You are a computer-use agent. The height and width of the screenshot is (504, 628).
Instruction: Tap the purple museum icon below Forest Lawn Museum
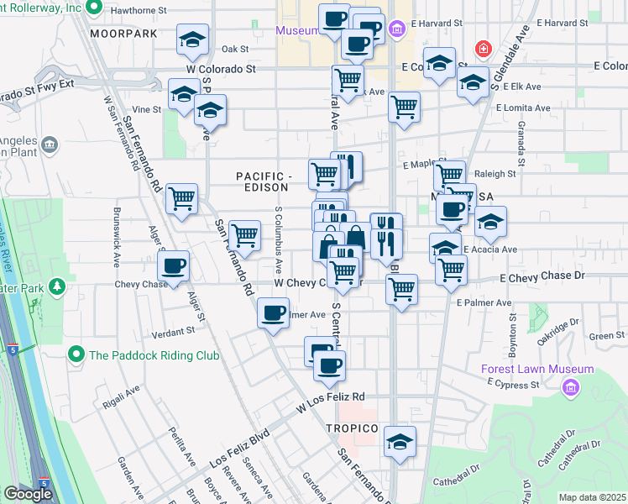pos(572,387)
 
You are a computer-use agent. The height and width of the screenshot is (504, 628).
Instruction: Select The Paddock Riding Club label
pos(154,355)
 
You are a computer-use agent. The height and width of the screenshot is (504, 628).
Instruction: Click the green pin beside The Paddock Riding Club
pos(76,354)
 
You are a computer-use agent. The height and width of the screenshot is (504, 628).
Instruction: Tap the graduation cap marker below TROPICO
pos(400,441)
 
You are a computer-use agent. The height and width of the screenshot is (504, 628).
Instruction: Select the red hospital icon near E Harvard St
pos(482,49)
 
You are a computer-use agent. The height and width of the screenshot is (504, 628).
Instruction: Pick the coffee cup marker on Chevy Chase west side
pos(174,266)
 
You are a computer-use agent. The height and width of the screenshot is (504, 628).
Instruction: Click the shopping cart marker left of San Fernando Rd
pos(181,199)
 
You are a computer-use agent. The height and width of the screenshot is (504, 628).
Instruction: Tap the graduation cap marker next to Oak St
pos(193,39)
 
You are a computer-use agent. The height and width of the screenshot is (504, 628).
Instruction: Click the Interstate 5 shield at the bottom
pos(44,483)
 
